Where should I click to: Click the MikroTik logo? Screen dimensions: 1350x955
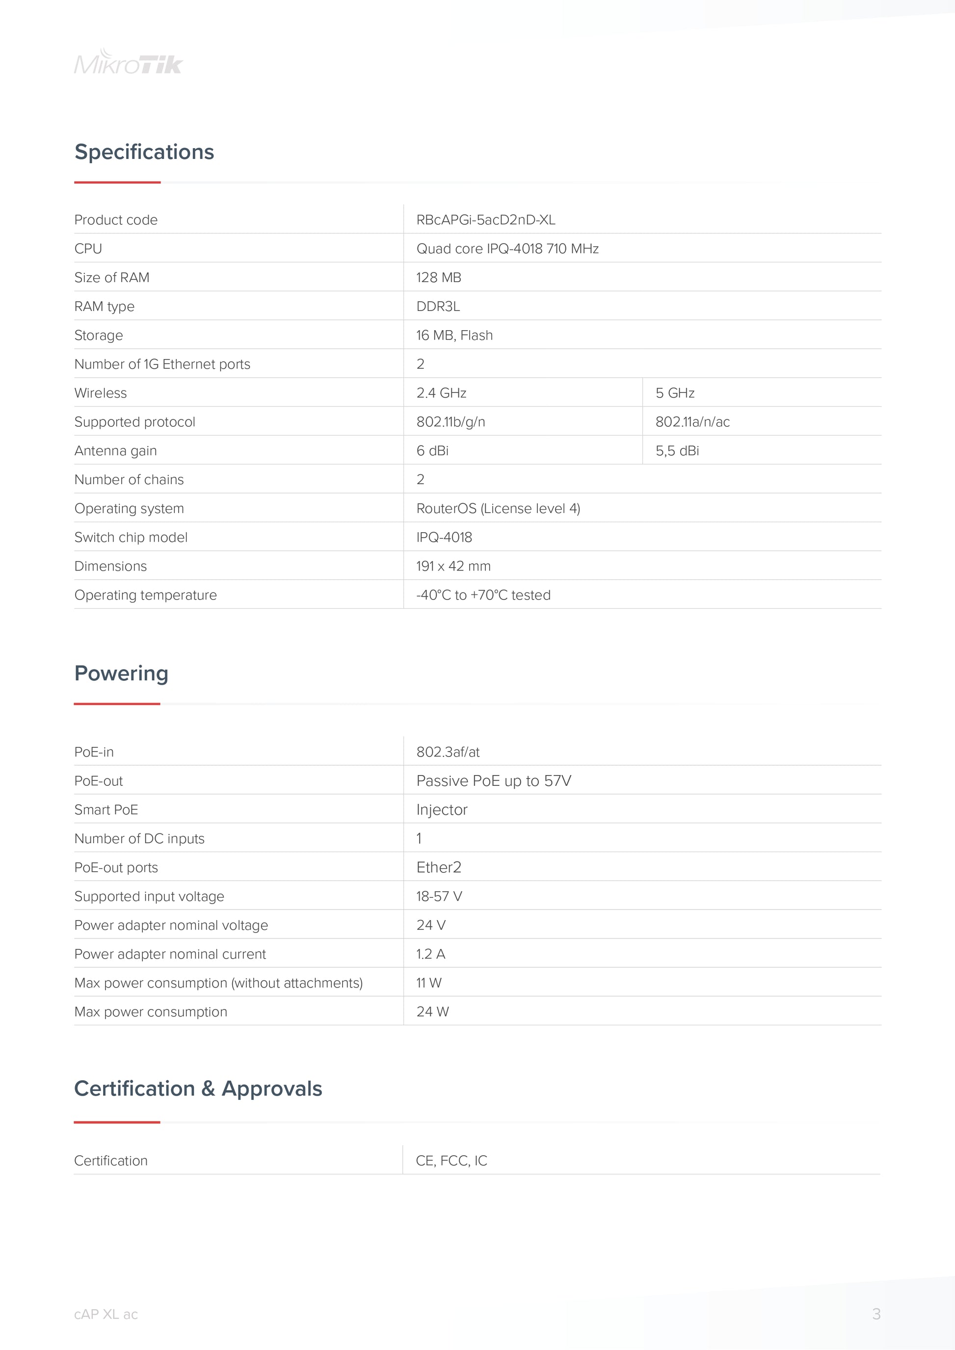click(x=128, y=62)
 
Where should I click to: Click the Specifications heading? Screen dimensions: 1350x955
click(x=144, y=152)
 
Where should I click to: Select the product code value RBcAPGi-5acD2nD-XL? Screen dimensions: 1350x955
click(x=485, y=220)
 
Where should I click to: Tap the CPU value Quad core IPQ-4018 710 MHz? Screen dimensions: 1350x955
click(x=507, y=249)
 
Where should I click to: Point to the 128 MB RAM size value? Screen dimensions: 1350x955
click(x=438, y=278)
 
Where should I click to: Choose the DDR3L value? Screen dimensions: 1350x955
click(x=438, y=306)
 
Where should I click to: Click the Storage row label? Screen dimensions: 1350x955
click(x=99, y=335)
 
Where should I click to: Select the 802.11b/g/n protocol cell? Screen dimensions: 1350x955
click(x=451, y=421)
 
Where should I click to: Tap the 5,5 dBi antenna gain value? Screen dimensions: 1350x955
click(x=677, y=450)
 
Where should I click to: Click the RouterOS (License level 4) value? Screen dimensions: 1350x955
click(x=498, y=508)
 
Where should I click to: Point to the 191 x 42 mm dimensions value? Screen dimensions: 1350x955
click(x=453, y=566)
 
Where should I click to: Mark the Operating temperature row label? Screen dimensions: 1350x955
click(x=145, y=595)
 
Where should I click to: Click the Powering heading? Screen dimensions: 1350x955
click(x=121, y=673)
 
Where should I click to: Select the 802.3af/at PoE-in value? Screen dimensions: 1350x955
click(x=448, y=752)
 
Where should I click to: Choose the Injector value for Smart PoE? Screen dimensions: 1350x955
click(x=441, y=809)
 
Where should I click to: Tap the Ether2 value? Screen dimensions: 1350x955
click(x=438, y=867)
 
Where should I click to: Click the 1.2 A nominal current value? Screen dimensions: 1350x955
click(x=430, y=954)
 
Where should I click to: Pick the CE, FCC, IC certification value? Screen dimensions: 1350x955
click(x=451, y=1161)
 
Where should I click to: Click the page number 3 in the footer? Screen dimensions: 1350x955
click(x=875, y=1314)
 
